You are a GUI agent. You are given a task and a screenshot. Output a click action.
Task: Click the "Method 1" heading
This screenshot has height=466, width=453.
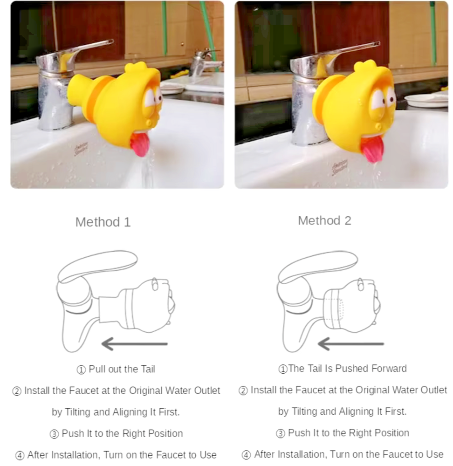point(103,222)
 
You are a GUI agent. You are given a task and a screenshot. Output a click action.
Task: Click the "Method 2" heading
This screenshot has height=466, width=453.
point(324,220)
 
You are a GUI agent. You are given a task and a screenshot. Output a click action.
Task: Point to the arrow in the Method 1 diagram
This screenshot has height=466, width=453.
point(135,344)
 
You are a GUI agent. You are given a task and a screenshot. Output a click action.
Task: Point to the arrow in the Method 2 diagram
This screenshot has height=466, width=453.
point(351,344)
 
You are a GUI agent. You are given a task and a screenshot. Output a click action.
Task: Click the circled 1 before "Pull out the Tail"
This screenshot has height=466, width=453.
point(81,370)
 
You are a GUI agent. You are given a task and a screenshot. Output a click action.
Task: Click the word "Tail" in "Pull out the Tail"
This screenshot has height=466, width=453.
point(148,369)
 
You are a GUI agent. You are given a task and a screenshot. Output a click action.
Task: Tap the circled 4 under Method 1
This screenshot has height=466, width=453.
point(20,456)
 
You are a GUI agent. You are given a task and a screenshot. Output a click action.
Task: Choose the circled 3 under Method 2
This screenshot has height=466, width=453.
point(280,433)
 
